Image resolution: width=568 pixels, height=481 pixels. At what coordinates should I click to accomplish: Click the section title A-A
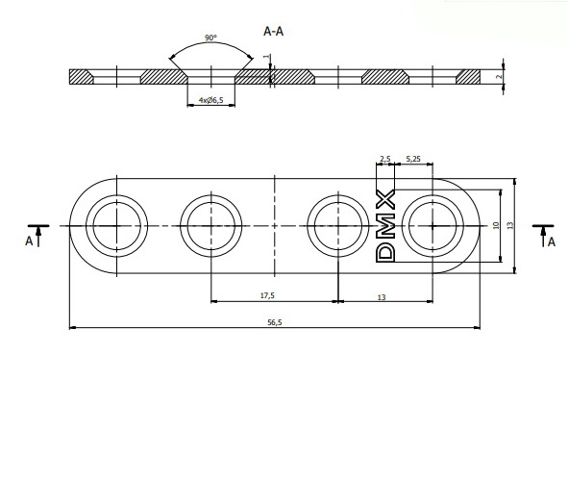tap(274, 31)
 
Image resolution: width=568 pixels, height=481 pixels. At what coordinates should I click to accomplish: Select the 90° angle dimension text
tap(210, 38)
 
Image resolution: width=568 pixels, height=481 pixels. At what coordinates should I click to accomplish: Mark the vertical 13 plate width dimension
tap(511, 224)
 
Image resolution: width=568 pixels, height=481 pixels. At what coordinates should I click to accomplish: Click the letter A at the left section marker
tap(28, 242)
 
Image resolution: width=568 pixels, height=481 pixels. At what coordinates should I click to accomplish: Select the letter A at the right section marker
tap(551, 242)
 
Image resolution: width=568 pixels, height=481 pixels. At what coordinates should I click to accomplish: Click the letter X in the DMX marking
tap(385, 200)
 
